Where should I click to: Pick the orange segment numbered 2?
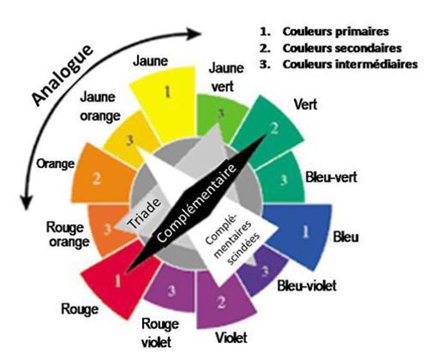pos(102,176)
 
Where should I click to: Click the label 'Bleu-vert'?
pos(331,177)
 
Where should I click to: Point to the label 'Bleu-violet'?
pos(307,286)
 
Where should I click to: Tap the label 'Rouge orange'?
pos(68,234)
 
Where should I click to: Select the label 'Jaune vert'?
pos(226,77)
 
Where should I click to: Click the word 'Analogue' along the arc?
pos(62,75)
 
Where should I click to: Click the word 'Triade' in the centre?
pos(144,213)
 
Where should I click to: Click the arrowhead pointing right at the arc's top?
pos(194,33)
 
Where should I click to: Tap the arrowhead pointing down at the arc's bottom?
pos(26,202)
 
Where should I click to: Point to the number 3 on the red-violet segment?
pos(172,290)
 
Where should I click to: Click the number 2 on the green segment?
pos(274,128)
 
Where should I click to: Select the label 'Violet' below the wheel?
pos(231,338)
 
